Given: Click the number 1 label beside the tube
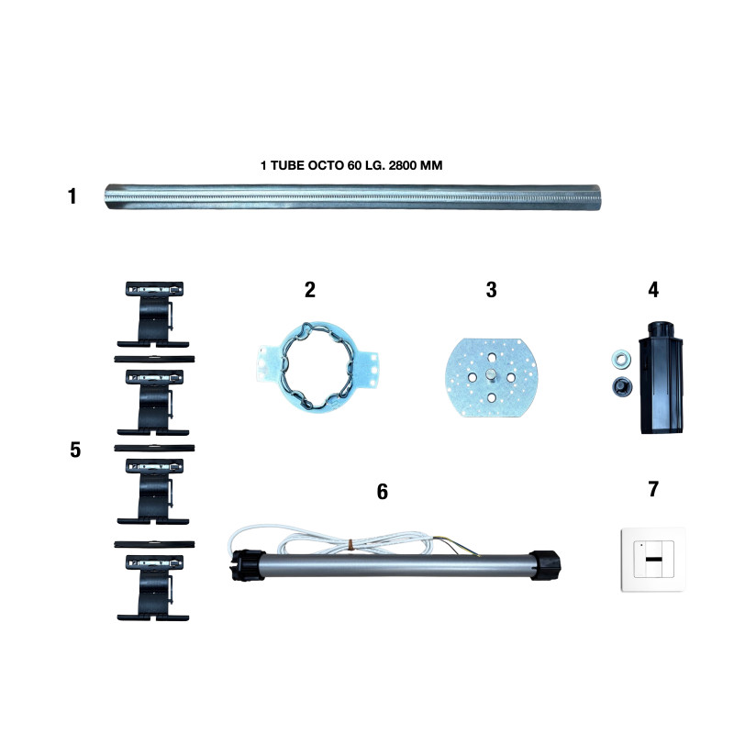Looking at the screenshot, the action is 72,196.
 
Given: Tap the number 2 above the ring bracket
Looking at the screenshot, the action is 310,290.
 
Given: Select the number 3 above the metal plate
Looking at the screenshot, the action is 491,290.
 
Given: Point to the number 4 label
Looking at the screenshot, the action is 653,290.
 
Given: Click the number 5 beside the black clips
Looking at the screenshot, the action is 75,450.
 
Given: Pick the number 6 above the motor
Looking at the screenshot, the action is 383,492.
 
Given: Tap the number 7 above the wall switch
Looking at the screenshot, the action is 653,489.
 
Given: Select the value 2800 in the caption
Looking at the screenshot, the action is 403,165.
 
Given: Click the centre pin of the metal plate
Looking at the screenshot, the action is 491,375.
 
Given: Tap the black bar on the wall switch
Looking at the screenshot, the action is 653,560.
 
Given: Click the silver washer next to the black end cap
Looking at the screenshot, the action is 621,360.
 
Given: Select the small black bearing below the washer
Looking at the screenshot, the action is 622,386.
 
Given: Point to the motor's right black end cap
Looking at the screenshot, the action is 546,565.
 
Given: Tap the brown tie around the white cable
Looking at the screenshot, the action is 351,544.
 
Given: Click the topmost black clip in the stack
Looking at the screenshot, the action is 153,314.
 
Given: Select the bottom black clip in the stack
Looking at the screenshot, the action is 153,588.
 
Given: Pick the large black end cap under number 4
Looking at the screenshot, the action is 661,377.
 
